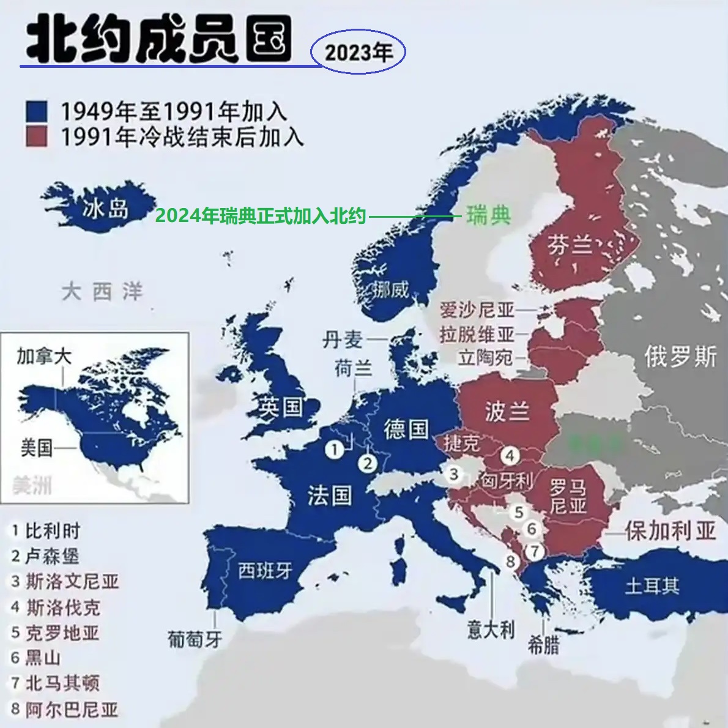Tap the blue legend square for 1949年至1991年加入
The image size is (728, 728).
(37, 112)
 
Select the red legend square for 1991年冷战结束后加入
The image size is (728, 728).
(37, 136)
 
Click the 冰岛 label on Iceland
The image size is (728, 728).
(105, 209)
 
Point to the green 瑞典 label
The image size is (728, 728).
(488, 215)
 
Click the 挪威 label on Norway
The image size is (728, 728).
(392, 289)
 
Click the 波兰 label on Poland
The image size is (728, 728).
(507, 411)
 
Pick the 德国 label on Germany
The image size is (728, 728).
(406, 429)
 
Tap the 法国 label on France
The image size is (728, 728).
(330, 495)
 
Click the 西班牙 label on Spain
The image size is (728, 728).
(265, 571)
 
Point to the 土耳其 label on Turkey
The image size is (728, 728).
(652, 586)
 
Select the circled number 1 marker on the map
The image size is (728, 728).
(334, 450)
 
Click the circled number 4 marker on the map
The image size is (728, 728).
(510, 455)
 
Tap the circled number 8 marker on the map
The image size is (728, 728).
(510, 561)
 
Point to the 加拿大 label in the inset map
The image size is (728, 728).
(44, 355)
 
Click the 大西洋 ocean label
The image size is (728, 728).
(102, 292)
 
